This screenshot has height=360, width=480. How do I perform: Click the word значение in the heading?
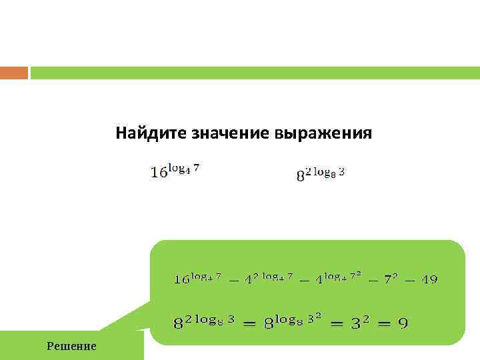pyautogui.click(x=221, y=133)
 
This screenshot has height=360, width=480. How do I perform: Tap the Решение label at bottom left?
pyautogui.click(x=71, y=346)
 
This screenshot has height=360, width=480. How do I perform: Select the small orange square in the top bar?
pyautogui.click(x=14, y=73)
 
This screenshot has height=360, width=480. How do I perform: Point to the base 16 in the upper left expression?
pyautogui.click(x=159, y=173)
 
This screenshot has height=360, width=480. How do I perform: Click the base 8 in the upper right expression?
pyautogui.click(x=300, y=176)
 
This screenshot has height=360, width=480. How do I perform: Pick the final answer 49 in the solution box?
pyautogui.click(x=429, y=280)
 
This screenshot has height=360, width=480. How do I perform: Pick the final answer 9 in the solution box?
pyautogui.click(x=403, y=324)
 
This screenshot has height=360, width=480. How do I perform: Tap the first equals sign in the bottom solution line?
pyautogui.click(x=248, y=324)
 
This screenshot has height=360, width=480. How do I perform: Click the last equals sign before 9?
pyautogui.click(x=379, y=324)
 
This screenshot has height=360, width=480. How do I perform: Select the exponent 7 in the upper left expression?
pyautogui.click(x=195, y=168)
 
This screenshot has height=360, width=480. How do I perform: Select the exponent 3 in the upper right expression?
pyautogui.click(x=341, y=171)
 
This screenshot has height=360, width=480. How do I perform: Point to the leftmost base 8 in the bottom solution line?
pyautogui.click(x=179, y=325)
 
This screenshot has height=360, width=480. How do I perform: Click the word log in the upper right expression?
pyautogui.click(x=323, y=171)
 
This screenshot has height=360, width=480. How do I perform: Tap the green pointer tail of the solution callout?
pyautogui.click(x=127, y=317)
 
